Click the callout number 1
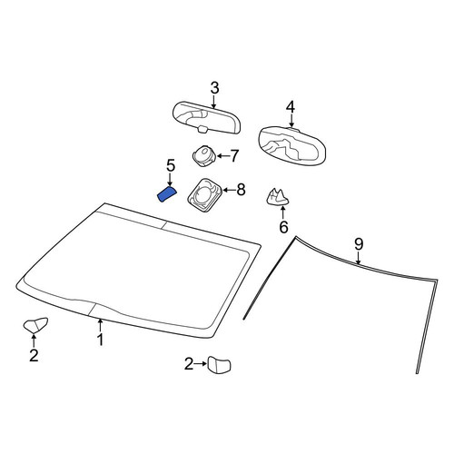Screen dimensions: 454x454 [100, 340]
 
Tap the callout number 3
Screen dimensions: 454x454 [214, 88]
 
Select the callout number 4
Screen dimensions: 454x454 [291, 107]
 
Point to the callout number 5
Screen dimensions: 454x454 [171, 166]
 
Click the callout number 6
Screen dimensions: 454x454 [283, 227]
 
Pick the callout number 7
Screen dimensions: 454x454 [235, 156]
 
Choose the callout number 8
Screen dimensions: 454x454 [241, 190]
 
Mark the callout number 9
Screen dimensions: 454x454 [359, 244]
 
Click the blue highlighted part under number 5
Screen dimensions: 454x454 [167, 194]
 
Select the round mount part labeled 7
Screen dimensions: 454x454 [203, 155]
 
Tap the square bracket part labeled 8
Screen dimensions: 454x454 [205, 194]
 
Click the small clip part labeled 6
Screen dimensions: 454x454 [278, 196]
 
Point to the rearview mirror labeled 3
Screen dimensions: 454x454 [207, 117]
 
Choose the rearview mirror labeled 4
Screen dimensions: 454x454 [292, 146]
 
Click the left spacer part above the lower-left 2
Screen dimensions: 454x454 [35, 325]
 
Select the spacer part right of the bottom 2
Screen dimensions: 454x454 [219, 364]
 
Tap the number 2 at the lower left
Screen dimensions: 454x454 [34, 355]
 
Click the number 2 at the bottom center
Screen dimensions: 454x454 [189, 364]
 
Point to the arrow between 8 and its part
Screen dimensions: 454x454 [229, 191]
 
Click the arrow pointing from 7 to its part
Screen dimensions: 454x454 [222, 156]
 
